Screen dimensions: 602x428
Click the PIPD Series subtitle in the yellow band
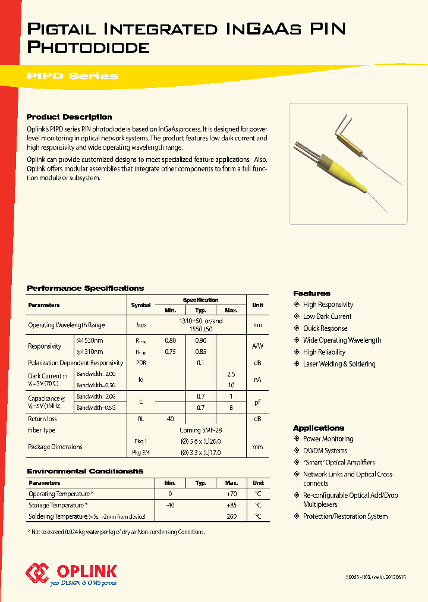point(73,76)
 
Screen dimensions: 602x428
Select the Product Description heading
point(69,117)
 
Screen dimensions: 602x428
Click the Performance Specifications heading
point(85,289)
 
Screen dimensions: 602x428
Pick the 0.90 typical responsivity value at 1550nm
point(201,340)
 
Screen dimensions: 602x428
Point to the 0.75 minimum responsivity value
point(170,352)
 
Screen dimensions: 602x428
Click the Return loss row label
point(43,419)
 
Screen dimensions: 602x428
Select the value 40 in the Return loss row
point(170,419)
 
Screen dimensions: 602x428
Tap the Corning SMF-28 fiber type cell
point(201,430)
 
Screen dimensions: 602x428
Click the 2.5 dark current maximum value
point(231,374)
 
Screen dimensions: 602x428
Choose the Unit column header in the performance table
point(257,305)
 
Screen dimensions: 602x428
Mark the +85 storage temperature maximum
point(231,505)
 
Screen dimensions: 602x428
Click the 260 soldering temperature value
point(231,516)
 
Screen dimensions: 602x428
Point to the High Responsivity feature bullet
point(328,305)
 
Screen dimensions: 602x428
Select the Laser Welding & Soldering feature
point(339,364)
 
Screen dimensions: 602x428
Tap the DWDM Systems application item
point(325,451)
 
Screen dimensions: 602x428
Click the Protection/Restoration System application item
point(345,516)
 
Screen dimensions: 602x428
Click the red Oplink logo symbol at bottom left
point(37,573)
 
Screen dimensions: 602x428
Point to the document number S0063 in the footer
point(353,577)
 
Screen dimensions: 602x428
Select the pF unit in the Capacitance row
point(257,403)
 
